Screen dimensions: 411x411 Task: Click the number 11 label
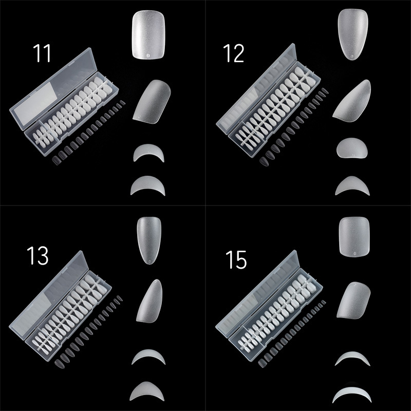[42, 53]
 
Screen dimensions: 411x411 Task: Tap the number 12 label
[234, 53]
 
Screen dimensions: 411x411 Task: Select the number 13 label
[38, 255]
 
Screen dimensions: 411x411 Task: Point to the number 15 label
[236, 260]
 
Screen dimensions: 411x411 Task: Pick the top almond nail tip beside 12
[353, 34]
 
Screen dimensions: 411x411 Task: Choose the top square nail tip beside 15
[354, 236]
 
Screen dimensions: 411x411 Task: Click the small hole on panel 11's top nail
[149, 55]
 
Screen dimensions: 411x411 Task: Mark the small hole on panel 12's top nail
[352, 56]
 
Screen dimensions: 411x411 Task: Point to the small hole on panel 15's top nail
[355, 253]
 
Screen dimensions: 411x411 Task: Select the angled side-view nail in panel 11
[152, 101]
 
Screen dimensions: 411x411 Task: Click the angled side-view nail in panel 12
[352, 101]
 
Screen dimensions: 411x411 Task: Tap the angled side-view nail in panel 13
[150, 301]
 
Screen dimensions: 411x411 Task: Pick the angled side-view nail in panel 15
[354, 300]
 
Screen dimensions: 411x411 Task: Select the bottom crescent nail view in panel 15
[352, 393]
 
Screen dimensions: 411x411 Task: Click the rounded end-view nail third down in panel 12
[352, 148]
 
